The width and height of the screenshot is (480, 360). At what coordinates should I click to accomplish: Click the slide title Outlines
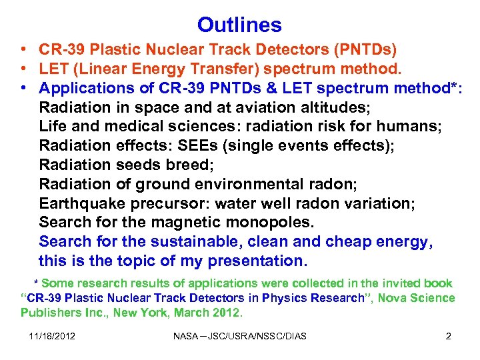(239, 25)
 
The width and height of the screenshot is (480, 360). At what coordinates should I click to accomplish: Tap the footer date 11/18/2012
(52, 336)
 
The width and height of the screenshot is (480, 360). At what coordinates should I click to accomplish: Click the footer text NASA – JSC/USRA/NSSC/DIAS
(239, 336)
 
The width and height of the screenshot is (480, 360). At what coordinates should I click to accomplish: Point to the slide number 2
(448, 336)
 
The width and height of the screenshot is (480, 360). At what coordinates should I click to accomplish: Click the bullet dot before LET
(23, 69)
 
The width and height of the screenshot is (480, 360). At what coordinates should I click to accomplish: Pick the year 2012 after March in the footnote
(228, 312)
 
